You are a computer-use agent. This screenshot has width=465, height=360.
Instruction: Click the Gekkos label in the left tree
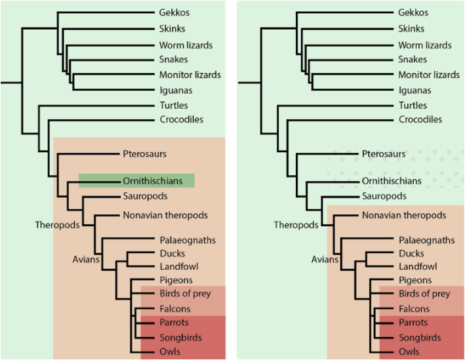tap(174, 12)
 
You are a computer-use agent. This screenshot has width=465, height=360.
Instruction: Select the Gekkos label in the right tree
tap(413, 12)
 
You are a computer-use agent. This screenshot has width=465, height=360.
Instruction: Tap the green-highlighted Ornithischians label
tap(148, 180)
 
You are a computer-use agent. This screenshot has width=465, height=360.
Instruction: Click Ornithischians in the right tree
tap(392, 180)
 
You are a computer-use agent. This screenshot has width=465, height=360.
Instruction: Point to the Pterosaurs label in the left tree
tap(145, 154)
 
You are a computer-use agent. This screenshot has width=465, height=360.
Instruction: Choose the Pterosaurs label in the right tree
tap(384, 154)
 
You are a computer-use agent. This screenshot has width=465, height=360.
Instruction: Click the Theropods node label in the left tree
tap(57, 225)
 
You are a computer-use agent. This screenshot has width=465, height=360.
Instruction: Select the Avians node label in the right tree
tap(325, 259)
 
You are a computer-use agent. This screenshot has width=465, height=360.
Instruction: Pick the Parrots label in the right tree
tap(413, 323)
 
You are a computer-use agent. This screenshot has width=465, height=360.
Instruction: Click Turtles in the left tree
tap(174, 106)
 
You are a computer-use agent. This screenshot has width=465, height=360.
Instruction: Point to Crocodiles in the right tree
tap(420, 119)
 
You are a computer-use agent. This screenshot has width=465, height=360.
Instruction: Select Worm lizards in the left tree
tap(186, 45)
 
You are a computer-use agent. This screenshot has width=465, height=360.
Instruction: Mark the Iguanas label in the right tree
tap(415, 90)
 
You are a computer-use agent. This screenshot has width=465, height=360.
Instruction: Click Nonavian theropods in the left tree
tap(165, 215)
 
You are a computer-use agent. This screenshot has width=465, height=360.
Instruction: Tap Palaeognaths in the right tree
tap(426, 240)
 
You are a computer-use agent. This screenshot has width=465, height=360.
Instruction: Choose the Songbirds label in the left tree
tap(178, 338)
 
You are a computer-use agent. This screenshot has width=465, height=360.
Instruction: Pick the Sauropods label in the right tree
tap(384, 196)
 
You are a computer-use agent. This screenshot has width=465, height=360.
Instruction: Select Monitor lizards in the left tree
tap(190, 75)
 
